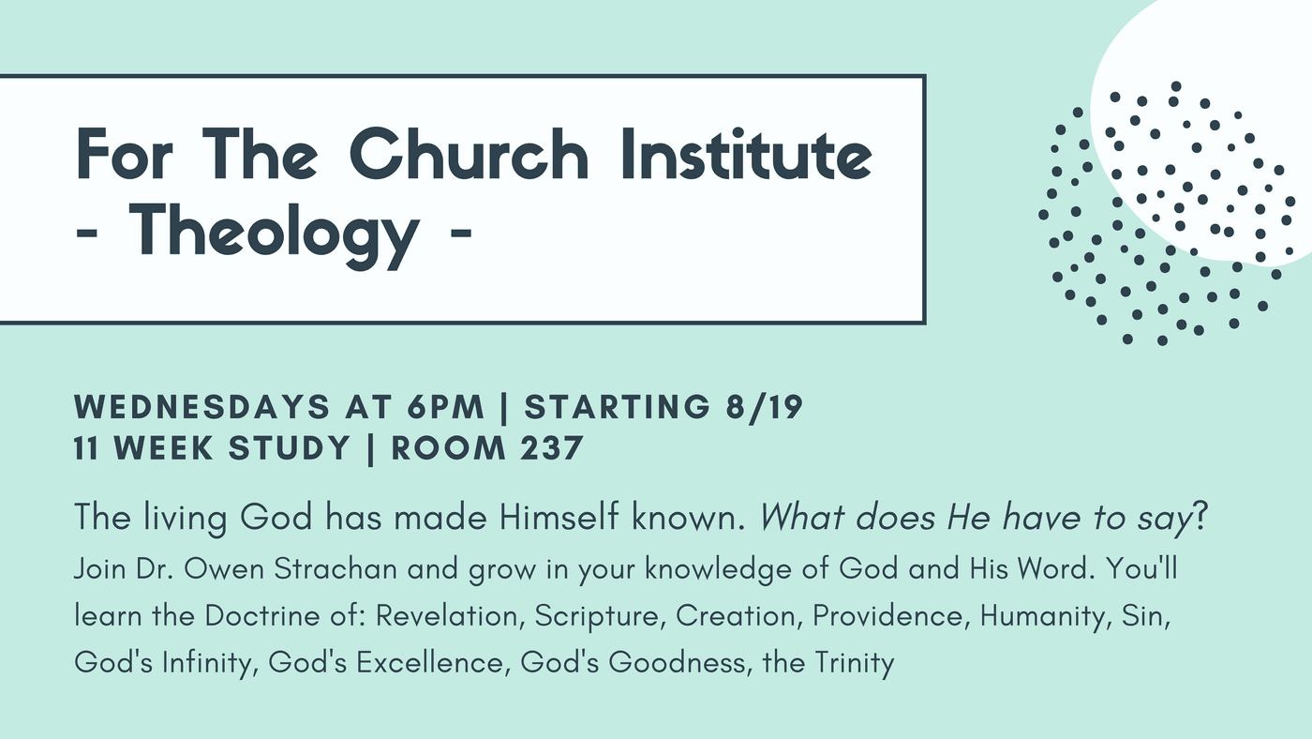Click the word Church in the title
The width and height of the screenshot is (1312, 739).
469,154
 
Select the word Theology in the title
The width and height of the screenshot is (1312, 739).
274,234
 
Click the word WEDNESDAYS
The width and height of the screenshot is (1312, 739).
202,407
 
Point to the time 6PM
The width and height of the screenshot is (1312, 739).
446,407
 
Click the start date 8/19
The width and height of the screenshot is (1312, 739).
765,407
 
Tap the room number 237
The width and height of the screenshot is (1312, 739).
552,448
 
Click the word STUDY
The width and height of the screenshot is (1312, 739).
290,448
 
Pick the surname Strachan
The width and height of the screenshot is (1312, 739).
335,569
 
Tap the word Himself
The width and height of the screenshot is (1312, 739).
559,518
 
